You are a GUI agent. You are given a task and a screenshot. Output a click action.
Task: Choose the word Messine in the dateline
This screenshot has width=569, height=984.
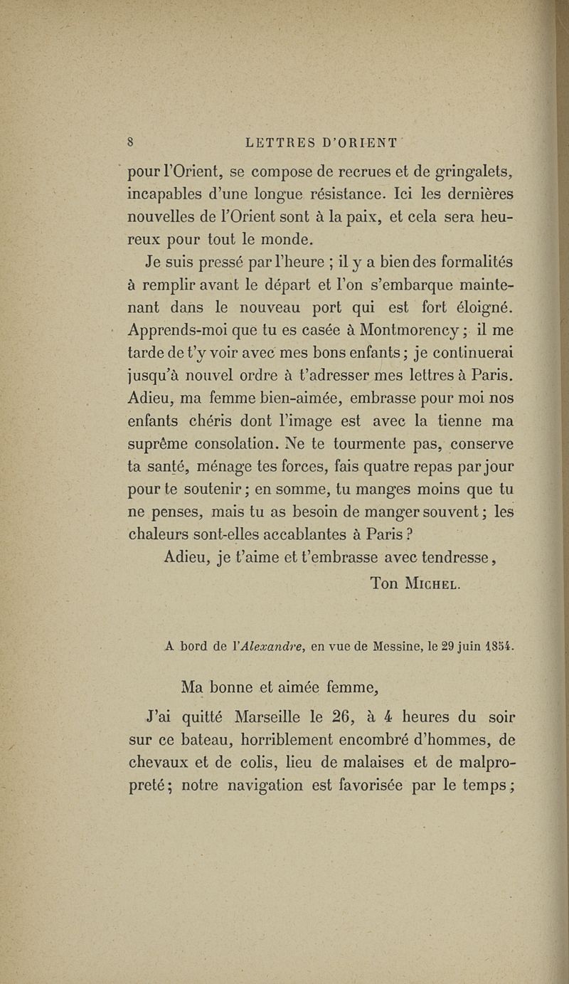393,647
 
